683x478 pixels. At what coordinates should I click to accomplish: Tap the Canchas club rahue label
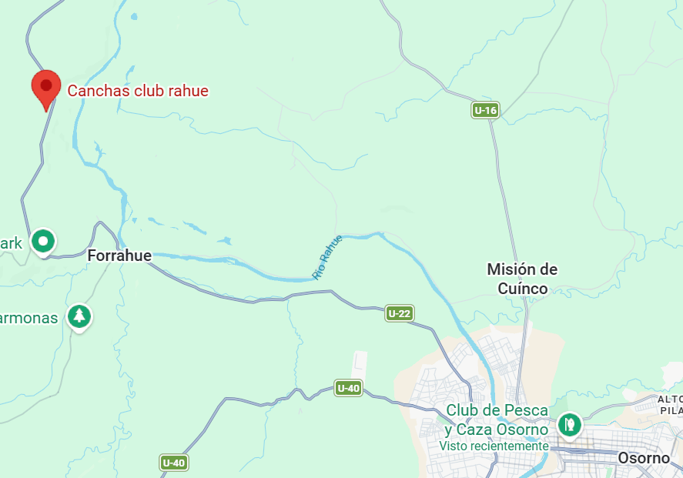(138, 91)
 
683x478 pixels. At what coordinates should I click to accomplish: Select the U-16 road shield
(485, 111)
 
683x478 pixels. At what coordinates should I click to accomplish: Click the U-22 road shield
(399, 313)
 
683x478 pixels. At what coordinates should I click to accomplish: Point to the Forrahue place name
(119, 255)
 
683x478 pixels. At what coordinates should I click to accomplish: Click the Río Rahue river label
(326, 257)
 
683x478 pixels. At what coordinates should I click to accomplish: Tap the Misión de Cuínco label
(522, 279)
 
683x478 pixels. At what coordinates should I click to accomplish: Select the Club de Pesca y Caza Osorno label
(497, 420)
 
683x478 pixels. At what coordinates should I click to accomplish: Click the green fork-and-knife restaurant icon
(569, 423)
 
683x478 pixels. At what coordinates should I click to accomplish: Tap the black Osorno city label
(644, 458)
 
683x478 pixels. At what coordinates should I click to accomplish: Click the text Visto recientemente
(494, 446)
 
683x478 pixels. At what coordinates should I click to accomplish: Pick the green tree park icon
(79, 316)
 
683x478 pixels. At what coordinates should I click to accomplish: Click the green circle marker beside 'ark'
(43, 242)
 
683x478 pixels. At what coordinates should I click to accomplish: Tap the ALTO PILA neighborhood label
(670, 405)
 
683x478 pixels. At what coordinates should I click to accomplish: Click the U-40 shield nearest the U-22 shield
(348, 388)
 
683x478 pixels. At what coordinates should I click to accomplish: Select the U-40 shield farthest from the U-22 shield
(174, 463)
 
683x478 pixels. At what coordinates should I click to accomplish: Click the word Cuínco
(522, 289)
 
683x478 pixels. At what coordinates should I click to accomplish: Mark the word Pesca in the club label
(529, 410)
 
